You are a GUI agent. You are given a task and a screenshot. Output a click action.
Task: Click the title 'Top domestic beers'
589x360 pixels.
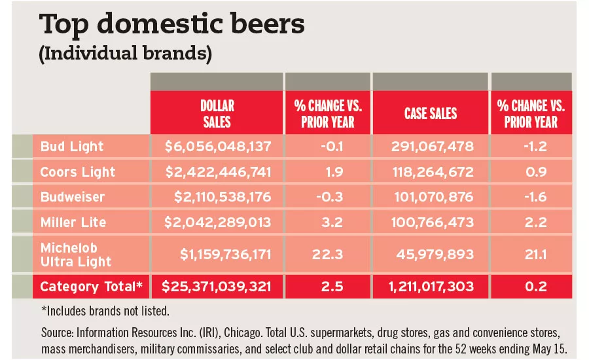click(172, 24)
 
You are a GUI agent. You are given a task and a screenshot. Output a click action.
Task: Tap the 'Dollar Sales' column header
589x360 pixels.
click(217, 113)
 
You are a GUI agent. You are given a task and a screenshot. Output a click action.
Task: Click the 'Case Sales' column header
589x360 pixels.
click(430, 114)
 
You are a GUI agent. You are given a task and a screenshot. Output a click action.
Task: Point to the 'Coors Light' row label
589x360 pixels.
click(77, 172)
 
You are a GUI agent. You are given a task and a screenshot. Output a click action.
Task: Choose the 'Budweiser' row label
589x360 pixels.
click(73, 197)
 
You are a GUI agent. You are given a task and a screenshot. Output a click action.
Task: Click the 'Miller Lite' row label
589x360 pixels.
click(73, 223)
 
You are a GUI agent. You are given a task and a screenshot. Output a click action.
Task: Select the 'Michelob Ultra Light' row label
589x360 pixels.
click(76, 255)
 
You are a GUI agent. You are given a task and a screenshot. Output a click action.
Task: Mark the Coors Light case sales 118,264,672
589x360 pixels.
click(431, 172)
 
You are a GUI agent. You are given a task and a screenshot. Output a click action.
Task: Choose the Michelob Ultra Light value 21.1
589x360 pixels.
click(531, 255)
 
